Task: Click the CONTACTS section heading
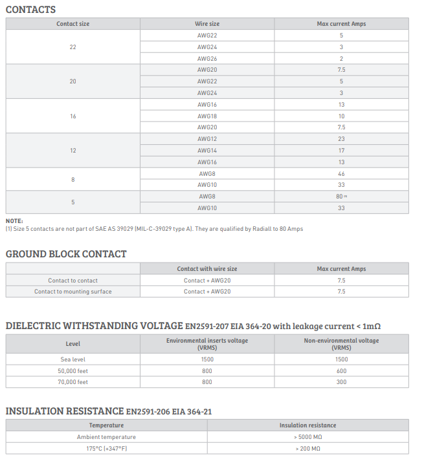click(30, 10)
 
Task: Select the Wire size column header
click(207, 24)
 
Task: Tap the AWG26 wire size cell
click(207, 59)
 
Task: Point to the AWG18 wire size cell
click(207, 116)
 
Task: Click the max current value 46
click(341, 174)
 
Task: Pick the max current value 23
click(341, 139)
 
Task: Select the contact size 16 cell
click(73, 116)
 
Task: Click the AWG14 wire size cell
click(207, 151)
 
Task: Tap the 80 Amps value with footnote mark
click(340, 197)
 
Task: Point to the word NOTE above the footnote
click(14, 221)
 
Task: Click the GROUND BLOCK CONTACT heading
click(66, 254)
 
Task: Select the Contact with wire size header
click(207, 269)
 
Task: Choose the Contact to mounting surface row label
click(73, 292)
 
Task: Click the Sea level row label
click(73, 359)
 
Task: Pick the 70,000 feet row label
click(73, 382)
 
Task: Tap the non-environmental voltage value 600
click(341, 371)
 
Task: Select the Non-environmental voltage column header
click(341, 343)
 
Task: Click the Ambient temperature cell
click(106, 437)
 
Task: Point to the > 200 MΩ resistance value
click(307, 449)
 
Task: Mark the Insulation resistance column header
click(307, 425)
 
